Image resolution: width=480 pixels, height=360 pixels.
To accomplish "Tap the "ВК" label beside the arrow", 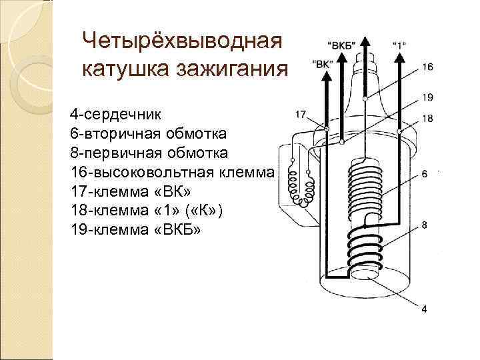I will pos(321,64).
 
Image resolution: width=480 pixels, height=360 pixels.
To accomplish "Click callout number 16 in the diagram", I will pos(427,67).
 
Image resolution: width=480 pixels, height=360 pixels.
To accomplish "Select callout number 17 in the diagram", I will pos(300,114).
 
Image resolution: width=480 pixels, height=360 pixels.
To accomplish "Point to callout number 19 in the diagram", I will pos(427,97).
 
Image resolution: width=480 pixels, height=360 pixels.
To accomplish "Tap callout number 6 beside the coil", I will pos(424,175).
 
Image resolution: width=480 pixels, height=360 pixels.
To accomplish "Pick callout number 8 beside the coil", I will pos(424,225).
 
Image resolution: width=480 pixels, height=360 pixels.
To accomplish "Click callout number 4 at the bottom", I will pos(424,308).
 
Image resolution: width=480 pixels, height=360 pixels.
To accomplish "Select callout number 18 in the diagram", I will pos(427,119).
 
